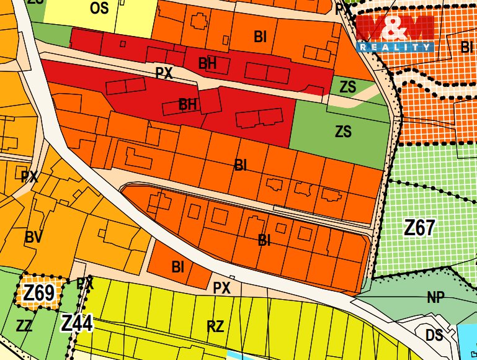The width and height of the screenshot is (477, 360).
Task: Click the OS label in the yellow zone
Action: tap(99, 8)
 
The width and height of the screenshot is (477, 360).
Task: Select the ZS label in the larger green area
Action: tap(343, 132)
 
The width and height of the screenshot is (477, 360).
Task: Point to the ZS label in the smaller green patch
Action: tap(348, 87)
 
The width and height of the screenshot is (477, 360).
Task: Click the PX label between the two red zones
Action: tap(164, 73)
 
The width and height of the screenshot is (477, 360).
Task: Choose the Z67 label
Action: tap(419, 228)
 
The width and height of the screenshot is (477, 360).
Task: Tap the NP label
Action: tap(436, 298)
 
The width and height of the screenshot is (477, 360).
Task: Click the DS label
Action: tap(434, 335)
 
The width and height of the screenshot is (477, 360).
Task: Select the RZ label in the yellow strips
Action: tap(215, 326)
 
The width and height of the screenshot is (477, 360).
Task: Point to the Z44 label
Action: tap(77, 323)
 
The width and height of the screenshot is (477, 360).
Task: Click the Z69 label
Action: tap(38, 293)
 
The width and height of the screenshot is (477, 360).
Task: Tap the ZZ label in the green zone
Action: tap(25, 325)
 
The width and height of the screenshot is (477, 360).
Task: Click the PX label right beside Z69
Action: tap(85, 284)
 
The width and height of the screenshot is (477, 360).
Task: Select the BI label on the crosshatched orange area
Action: tap(467, 47)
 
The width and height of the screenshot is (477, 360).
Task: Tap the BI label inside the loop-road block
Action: tap(264, 240)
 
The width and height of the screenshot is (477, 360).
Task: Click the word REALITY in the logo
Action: tap(395, 47)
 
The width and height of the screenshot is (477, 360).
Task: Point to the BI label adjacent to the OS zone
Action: tap(261, 37)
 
